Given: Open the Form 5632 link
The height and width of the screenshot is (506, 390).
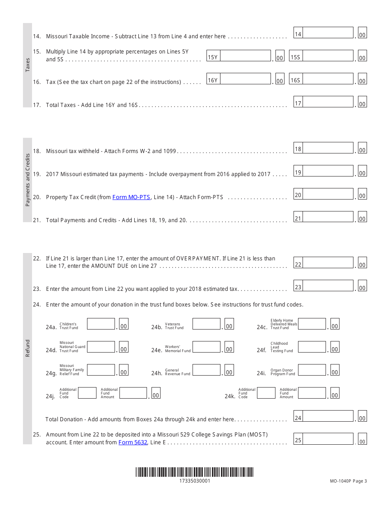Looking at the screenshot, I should [133, 442].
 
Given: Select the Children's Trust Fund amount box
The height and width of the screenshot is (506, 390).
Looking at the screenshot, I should [101, 324].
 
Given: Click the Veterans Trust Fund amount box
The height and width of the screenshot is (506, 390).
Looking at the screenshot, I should [206, 324].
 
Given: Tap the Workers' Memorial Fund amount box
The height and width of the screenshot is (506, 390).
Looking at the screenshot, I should [206, 347].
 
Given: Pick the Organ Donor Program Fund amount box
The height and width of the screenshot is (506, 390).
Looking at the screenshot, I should [312, 370].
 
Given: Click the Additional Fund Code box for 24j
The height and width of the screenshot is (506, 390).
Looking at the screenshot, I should [87, 393].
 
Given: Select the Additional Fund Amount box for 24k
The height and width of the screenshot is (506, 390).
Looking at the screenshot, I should [312, 393].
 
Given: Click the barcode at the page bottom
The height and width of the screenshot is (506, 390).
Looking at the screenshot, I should [195, 472].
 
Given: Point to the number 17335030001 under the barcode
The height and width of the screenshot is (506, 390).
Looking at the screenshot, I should [195, 481].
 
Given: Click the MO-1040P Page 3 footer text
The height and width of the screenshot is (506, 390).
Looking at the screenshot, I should [348, 481].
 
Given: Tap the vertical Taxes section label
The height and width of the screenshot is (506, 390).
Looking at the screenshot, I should [28, 65].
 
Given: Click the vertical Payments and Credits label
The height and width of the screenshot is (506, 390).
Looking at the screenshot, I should [28, 180].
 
